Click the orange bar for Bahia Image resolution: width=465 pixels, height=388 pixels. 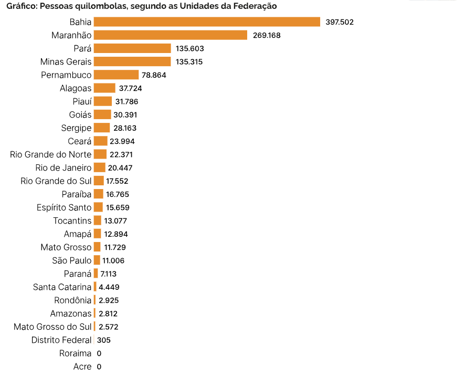point(207,22)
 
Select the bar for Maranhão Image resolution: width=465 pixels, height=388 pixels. point(170,35)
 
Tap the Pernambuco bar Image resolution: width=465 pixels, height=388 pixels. point(116,75)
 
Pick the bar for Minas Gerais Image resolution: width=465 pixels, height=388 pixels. point(132,62)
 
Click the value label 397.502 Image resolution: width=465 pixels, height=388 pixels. point(340,22)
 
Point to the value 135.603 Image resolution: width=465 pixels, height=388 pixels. point(190,48)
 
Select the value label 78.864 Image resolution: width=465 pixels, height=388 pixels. point(154,75)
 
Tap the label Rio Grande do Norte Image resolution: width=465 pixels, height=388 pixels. point(51,154)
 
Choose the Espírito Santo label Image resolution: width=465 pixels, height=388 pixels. point(64,207)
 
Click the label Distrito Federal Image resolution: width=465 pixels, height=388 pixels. point(61,340)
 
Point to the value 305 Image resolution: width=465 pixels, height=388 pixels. point(103,340)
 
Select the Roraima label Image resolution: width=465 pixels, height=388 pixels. point(75,353)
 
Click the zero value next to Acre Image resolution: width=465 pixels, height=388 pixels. point(99,367)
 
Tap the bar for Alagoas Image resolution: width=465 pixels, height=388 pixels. point(104,88)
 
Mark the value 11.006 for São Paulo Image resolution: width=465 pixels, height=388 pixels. point(113,260)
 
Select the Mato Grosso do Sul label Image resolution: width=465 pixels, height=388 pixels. point(52,327)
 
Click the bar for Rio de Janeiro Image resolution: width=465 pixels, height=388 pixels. point(99,167)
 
